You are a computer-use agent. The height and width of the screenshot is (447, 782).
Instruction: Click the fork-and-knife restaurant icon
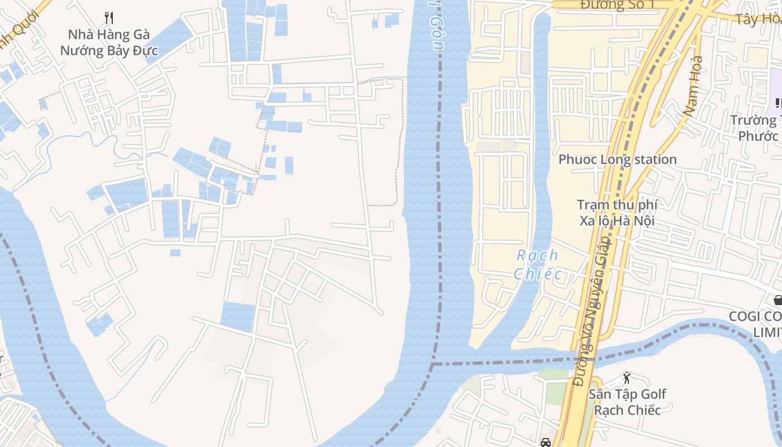click(109, 18)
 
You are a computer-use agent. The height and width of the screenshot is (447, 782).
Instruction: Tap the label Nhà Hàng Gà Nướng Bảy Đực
click(109, 42)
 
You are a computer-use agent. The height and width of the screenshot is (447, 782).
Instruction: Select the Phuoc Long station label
click(617, 159)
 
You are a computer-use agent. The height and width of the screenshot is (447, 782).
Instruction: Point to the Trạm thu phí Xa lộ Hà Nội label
click(617, 212)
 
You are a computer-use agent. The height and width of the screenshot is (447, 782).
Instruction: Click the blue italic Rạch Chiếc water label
click(537, 264)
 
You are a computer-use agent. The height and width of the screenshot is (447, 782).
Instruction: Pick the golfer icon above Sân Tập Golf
click(627, 378)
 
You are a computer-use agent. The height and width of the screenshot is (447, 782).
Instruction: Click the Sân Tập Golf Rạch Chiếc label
click(627, 402)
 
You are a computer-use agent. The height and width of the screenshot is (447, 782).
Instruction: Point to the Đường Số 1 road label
click(617, 5)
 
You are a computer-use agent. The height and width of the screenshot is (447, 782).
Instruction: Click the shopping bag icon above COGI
click(778, 300)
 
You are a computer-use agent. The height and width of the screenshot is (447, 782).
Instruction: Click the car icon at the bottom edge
click(545, 443)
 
